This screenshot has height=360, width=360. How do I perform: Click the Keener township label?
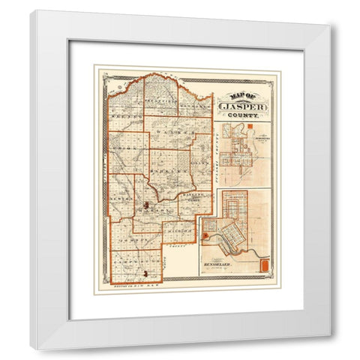coord(123,118)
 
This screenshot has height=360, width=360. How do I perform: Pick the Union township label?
coord(124,147)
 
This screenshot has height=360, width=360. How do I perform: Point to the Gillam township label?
coord(198,157)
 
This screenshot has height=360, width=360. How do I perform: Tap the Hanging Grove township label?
coord(193,196)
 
